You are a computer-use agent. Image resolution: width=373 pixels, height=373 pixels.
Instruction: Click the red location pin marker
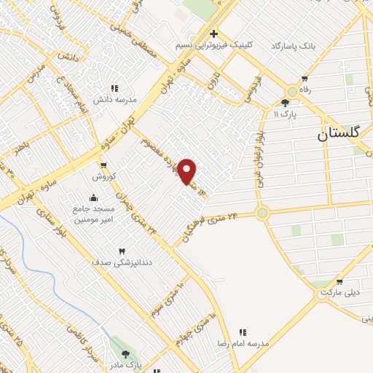(x=189, y=170)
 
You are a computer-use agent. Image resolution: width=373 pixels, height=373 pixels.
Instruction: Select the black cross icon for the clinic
(x=213, y=34)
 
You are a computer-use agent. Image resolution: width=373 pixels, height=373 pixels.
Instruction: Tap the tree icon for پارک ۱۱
(x=285, y=103)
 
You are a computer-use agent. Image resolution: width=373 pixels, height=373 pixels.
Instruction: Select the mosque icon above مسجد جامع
(x=93, y=197)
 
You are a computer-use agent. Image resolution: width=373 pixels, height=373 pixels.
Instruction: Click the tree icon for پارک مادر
(x=125, y=353)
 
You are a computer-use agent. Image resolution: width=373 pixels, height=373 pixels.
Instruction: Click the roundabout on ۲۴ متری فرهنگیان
(x=262, y=213)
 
